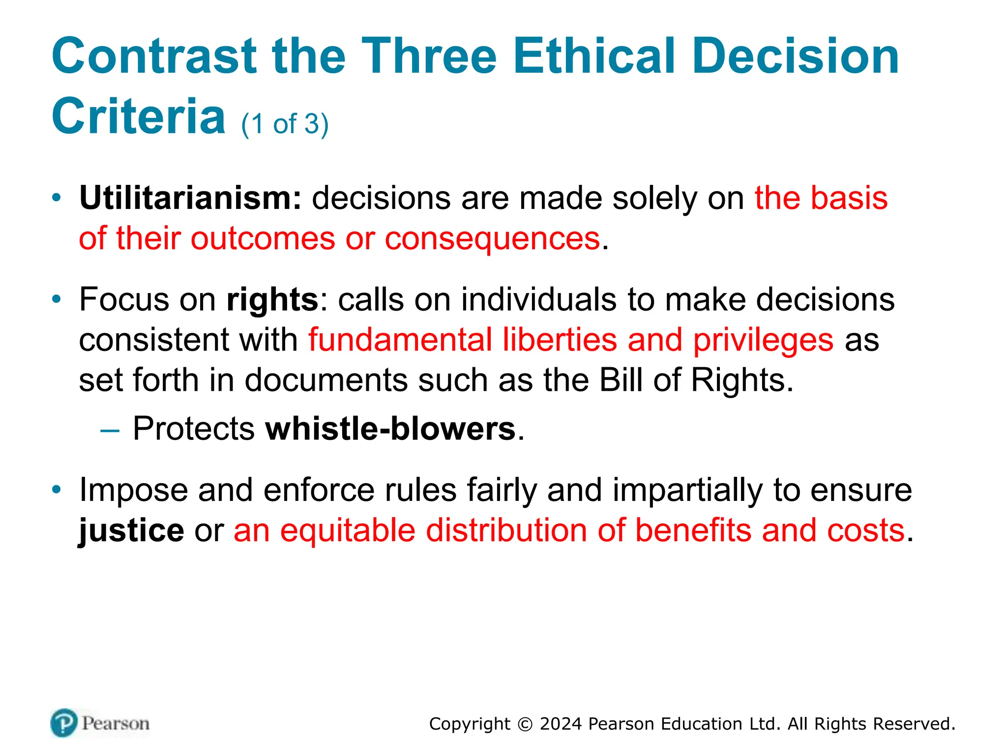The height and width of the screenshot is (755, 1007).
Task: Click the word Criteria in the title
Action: click(138, 116)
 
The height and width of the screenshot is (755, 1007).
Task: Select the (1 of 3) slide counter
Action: click(285, 124)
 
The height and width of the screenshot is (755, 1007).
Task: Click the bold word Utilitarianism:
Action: click(190, 198)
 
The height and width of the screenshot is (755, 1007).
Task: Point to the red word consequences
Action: click(492, 239)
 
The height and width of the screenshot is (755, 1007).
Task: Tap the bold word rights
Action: click(272, 300)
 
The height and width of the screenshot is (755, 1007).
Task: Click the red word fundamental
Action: click(400, 340)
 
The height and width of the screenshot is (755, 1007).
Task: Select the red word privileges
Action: click(763, 341)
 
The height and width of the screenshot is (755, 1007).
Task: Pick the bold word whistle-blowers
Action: click(390, 429)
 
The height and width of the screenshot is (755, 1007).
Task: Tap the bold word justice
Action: click(131, 530)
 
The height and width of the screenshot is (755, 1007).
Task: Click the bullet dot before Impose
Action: click(57, 490)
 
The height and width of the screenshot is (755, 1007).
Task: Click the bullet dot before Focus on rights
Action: click(57, 299)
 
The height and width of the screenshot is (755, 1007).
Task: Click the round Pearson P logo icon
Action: click(64, 723)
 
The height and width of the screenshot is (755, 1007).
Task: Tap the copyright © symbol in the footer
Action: click(525, 725)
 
